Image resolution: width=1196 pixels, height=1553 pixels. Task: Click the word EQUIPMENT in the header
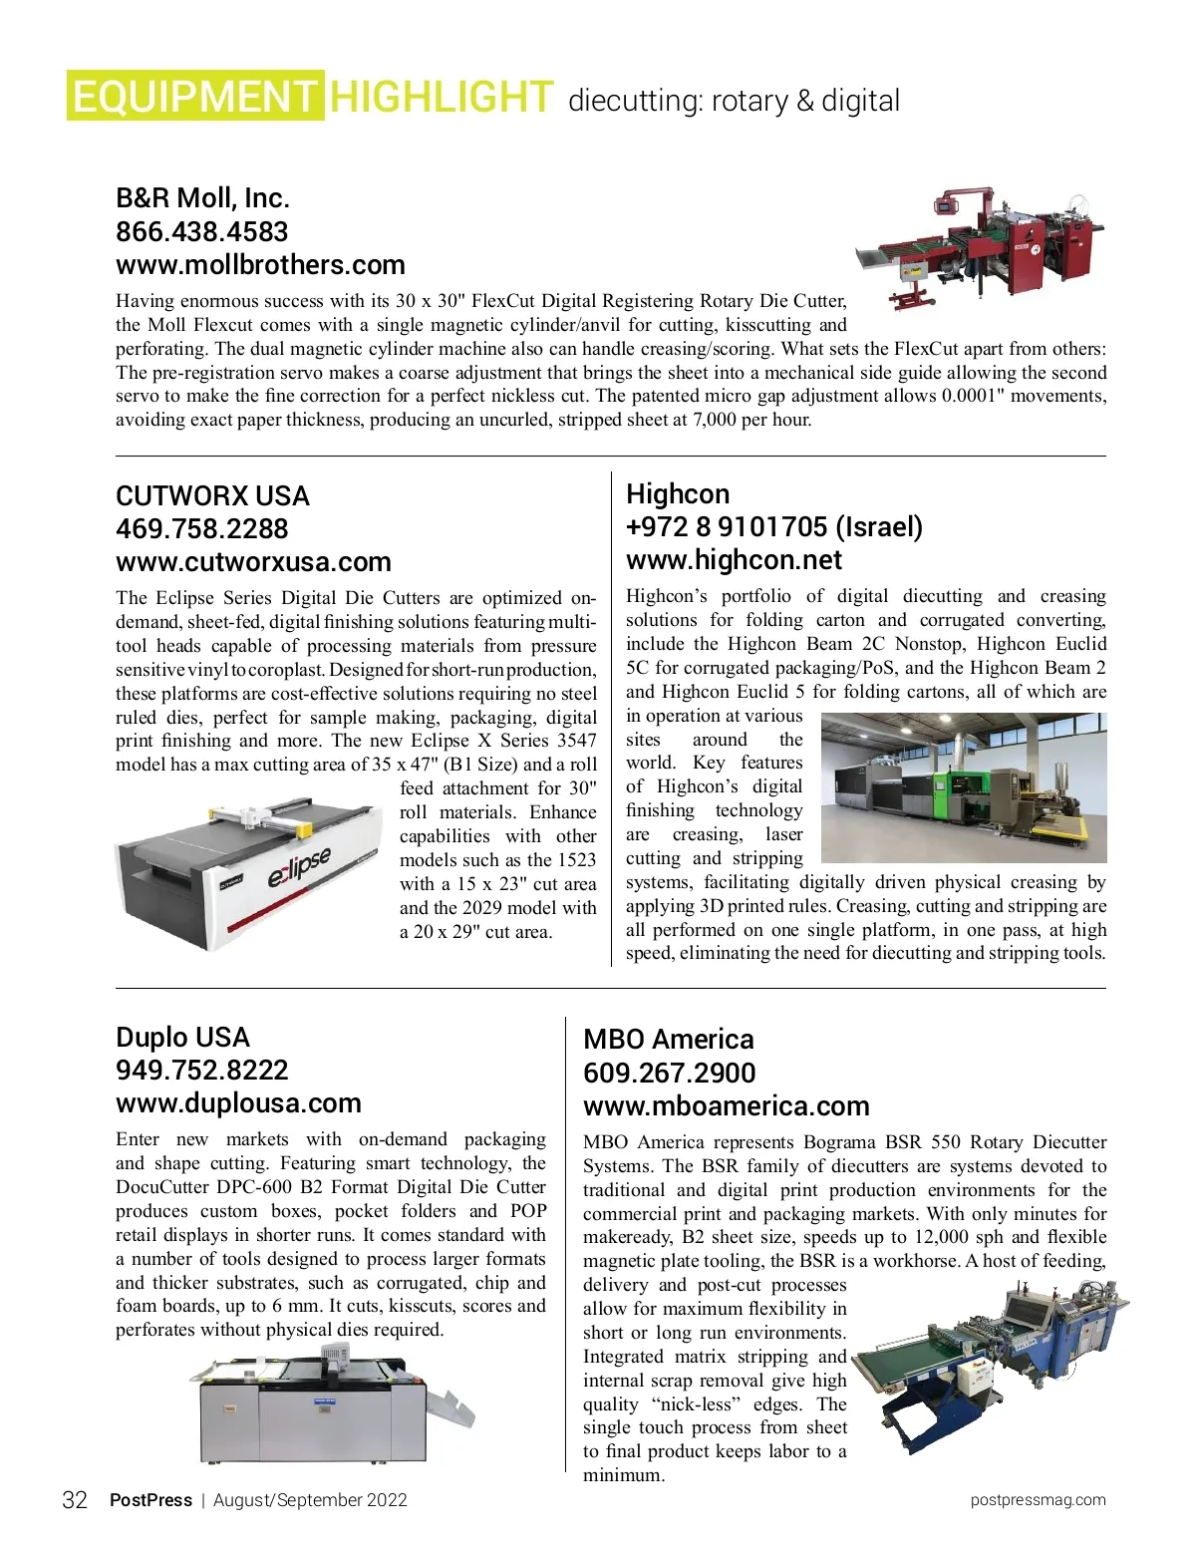coord(194,97)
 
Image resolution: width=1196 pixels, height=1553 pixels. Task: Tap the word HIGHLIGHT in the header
coord(441,97)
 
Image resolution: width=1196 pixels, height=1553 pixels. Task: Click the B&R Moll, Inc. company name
coord(202,197)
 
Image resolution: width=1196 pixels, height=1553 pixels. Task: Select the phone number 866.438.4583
coord(201,231)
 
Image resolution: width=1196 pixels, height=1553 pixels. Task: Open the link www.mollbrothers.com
coord(260,265)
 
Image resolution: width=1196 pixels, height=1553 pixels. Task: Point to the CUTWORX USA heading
coord(212,495)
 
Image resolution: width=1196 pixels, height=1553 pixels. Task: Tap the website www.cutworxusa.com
coord(253,562)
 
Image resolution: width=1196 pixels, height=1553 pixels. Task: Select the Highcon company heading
coord(678,493)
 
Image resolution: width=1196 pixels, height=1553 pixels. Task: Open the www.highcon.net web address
coord(734,560)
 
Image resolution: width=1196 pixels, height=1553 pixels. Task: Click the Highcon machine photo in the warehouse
coord(963,787)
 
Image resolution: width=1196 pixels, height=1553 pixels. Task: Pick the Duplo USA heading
coord(182,1037)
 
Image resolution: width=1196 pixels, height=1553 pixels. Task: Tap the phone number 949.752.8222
coord(201,1071)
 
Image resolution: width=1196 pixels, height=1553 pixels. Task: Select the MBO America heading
coord(669,1039)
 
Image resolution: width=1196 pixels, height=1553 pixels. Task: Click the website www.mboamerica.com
coord(726,1106)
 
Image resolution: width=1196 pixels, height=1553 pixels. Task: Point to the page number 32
coord(75,1500)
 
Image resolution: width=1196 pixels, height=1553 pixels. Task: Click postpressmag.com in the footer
coord(1038,1500)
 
